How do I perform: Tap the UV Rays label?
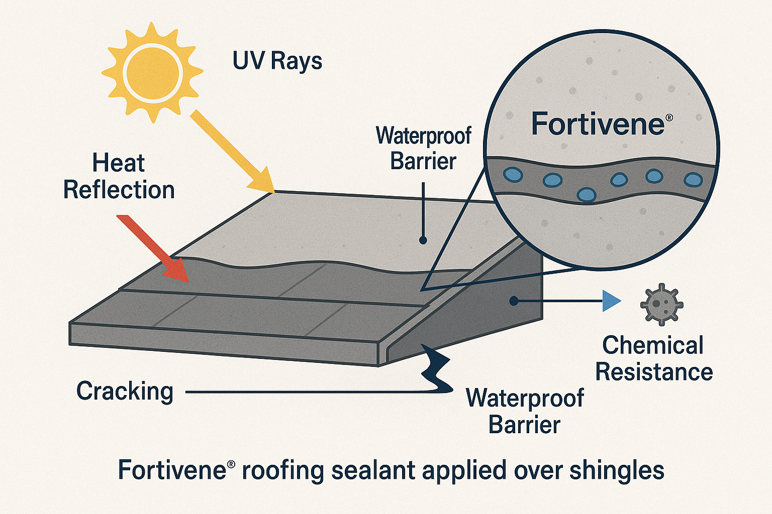277,62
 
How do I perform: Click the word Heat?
119,163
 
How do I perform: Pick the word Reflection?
119,190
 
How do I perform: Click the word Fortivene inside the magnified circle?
598,124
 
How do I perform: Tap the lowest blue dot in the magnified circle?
586,194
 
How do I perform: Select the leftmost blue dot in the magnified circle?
513,175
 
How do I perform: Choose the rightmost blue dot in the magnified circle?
693,179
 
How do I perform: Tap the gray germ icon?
661,304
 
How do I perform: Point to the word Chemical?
653,345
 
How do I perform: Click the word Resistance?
654,372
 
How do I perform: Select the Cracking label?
125,391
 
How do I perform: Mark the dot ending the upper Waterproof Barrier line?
423,240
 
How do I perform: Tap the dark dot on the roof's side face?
514,301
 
